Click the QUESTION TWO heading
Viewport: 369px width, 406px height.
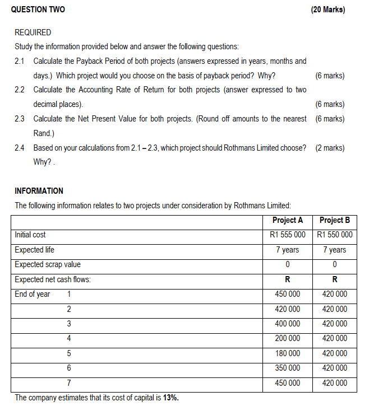click(x=38, y=10)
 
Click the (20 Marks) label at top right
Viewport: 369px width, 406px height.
click(x=328, y=10)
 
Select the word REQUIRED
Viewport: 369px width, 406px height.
click(x=33, y=32)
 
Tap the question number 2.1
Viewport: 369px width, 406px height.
click(x=20, y=60)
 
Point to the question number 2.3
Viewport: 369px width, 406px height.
click(x=20, y=119)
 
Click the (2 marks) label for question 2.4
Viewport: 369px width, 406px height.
click(x=330, y=148)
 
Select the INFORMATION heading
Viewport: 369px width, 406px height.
click(x=39, y=190)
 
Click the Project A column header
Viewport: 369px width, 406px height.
click(x=287, y=220)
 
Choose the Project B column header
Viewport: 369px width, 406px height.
click(x=335, y=220)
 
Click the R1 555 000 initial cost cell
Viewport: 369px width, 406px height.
click(x=287, y=235)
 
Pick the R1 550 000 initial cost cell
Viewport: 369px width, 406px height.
click(x=335, y=235)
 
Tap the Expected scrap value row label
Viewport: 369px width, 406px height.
click(x=48, y=264)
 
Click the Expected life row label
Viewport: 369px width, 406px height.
click(x=35, y=250)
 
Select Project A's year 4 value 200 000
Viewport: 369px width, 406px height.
click(x=287, y=338)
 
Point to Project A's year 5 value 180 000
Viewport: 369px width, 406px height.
click(x=287, y=353)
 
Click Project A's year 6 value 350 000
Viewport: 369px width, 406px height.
click(x=287, y=368)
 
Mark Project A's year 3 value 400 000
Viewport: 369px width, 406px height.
click(x=287, y=324)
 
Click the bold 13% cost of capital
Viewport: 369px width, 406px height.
click(x=170, y=398)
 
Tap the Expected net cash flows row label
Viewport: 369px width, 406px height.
click(x=53, y=279)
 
